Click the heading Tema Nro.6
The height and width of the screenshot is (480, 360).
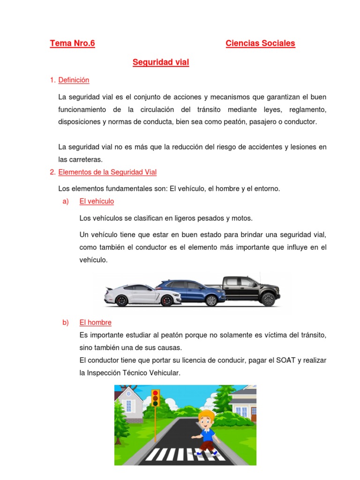point(72,44)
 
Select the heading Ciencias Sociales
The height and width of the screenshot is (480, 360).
point(260,44)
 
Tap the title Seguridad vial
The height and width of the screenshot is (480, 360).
point(161,62)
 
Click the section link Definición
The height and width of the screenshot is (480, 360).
point(74,80)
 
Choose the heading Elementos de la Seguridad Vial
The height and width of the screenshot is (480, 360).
point(107,172)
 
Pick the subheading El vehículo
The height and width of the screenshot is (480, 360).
point(97,201)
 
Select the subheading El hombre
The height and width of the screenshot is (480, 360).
point(96,322)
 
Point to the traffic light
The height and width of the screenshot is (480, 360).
point(155,398)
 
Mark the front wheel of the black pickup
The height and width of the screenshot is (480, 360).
point(268,300)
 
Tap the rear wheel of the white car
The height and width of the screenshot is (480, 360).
point(121,301)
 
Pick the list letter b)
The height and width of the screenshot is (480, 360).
point(65,322)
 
